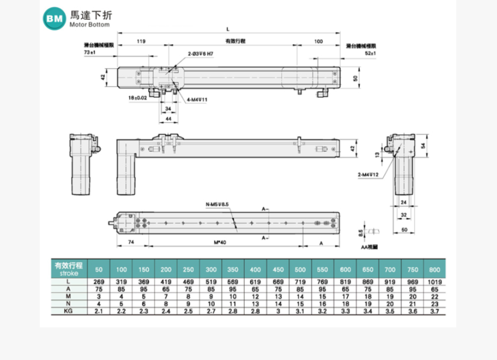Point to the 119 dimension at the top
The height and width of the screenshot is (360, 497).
click(x=141, y=42)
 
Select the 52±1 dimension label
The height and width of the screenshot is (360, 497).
click(x=370, y=53)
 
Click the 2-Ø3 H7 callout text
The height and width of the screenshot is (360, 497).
click(x=200, y=53)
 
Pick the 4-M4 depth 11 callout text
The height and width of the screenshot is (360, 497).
click(x=197, y=100)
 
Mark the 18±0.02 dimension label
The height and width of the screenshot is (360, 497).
click(x=137, y=98)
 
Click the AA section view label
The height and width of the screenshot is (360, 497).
click(x=369, y=247)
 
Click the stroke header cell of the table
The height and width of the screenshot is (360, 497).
click(x=68, y=267)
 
